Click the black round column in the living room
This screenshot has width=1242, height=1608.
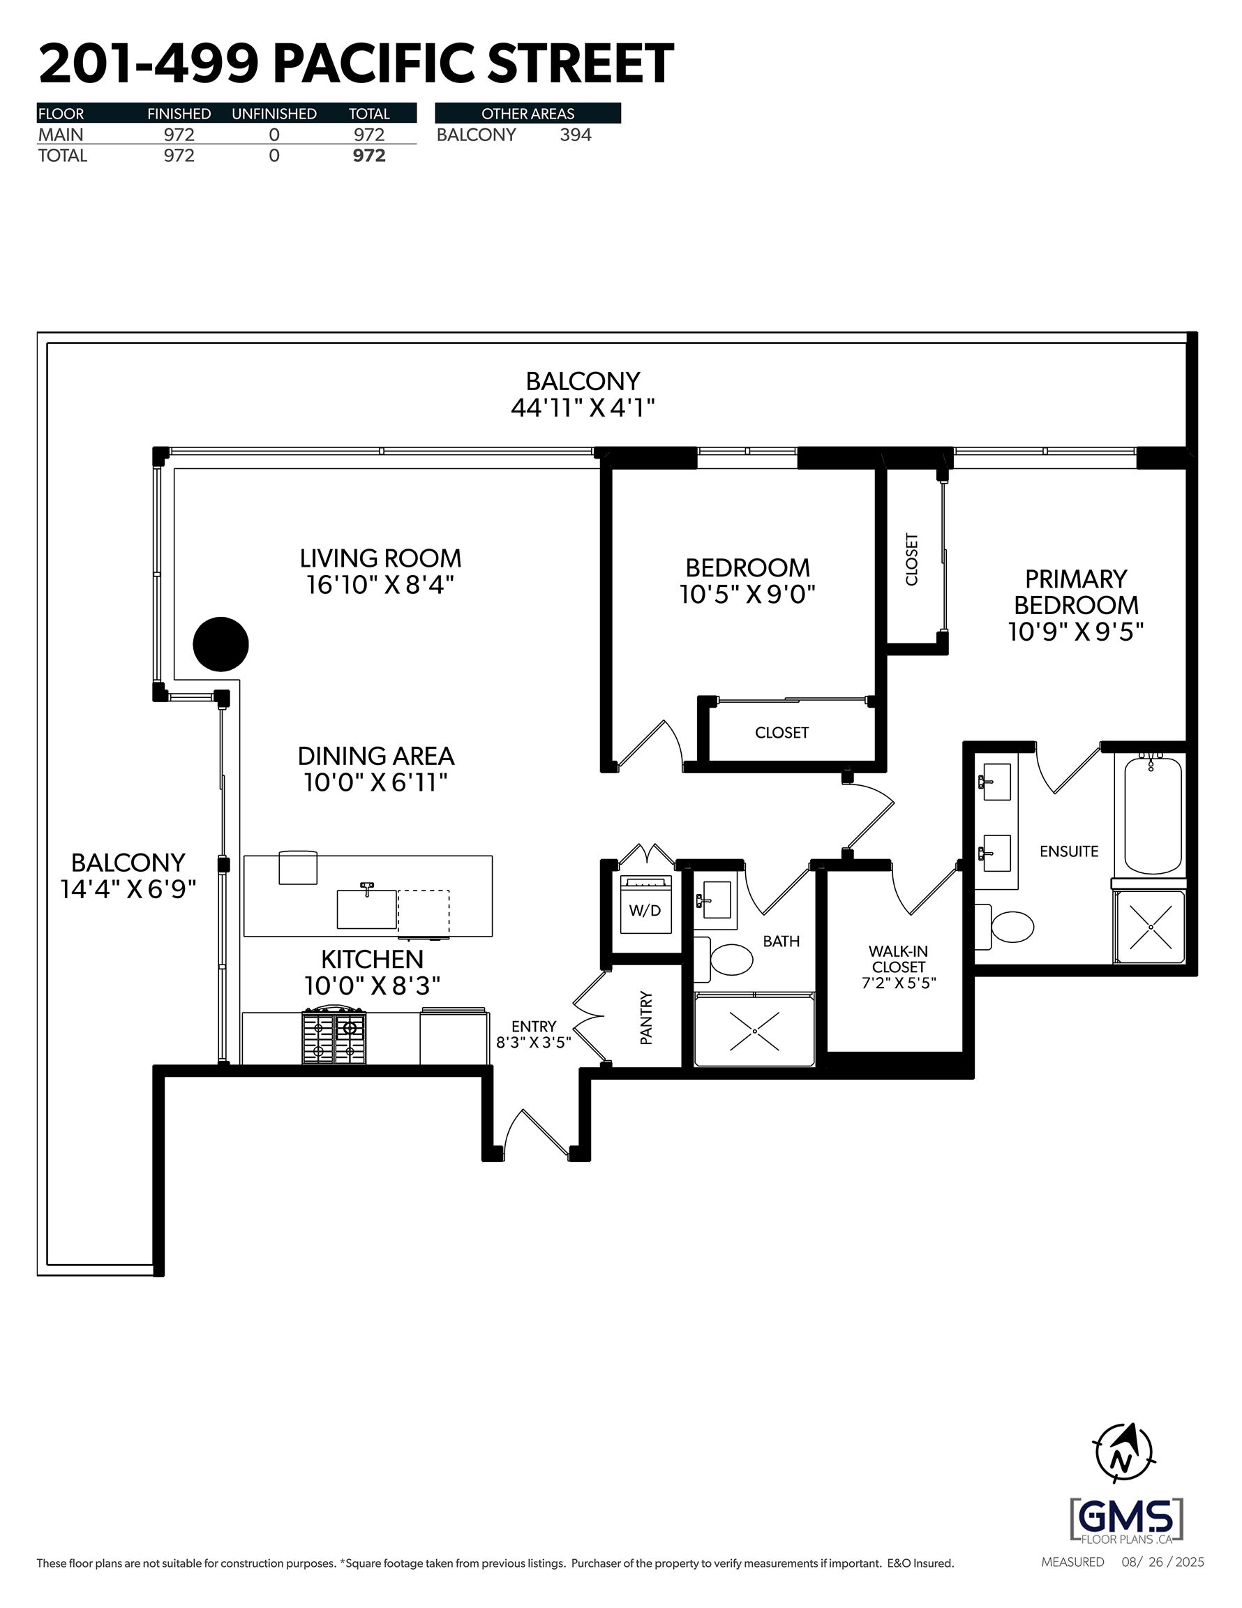pyautogui.click(x=221, y=644)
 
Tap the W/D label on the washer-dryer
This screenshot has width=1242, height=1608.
pyautogui.click(x=645, y=911)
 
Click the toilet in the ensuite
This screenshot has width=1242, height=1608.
pyautogui.click(x=1005, y=926)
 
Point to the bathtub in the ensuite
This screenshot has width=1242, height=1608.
pyautogui.click(x=1153, y=816)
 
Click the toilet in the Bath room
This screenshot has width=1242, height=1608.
pyautogui.click(x=724, y=960)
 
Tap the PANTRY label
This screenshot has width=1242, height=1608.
pyautogui.click(x=646, y=1018)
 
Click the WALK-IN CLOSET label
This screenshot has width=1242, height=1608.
pyautogui.click(x=899, y=960)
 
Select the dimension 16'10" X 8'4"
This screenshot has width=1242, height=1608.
pyautogui.click(x=380, y=585)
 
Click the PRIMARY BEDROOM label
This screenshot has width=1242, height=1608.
pyautogui.click(x=1077, y=592)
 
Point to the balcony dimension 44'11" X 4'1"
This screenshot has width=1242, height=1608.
pyautogui.click(x=583, y=407)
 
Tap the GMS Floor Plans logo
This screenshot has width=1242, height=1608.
pyautogui.click(x=1126, y=1519)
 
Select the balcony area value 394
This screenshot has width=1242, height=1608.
pyautogui.click(x=576, y=135)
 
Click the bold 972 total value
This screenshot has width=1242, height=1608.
pyautogui.click(x=369, y=156)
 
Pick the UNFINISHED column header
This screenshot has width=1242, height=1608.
pyautogui.click(x=274, y=113)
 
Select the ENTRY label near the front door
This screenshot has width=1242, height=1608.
pyautogui.click(x=534, y=1026)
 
